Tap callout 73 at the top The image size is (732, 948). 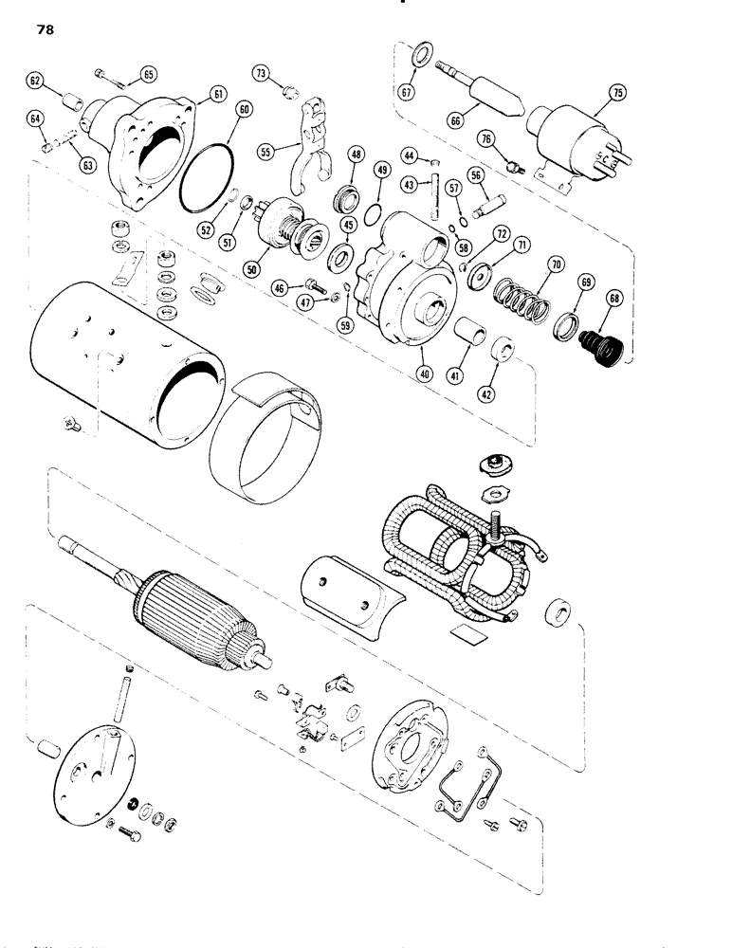262,72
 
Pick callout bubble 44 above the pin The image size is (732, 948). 410,155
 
